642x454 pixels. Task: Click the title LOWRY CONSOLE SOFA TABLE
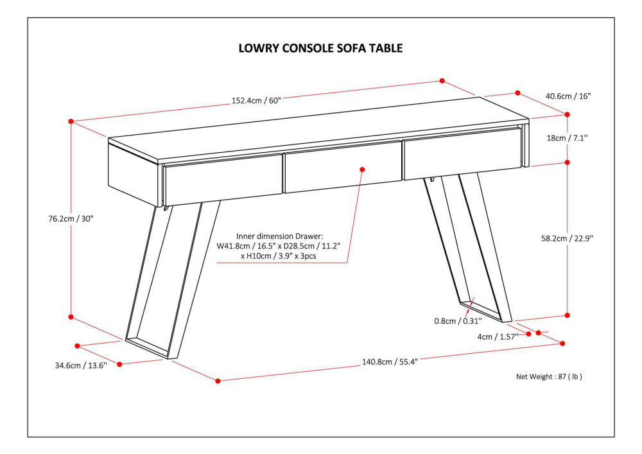pyautogui.click(x=320, y=48)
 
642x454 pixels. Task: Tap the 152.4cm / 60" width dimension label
pyautogui.click(x=256, y=100)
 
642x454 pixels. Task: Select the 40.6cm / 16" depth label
pyautogui.click(x=568, y=96)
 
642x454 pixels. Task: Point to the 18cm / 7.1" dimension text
pyautogui.click(x=568, y=137)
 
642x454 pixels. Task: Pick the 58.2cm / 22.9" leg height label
pyautogui.click(x=568, y=238)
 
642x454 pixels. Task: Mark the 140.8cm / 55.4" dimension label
pyautogui.click(x=390, y=362)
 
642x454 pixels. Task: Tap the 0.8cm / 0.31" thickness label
pyautogui.click(x=457, y=321)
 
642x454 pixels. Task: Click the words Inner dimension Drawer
pyautogui.click(x=279, y=236)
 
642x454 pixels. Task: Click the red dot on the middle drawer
pyautogui.click(x=362, y=170)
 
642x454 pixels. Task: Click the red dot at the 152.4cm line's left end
pyautogui.click(x=71, y=121)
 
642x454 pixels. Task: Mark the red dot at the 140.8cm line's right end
pyautogui.click(x=562, y=344)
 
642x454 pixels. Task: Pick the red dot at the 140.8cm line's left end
pyautogui.click(x=218, y=381)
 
